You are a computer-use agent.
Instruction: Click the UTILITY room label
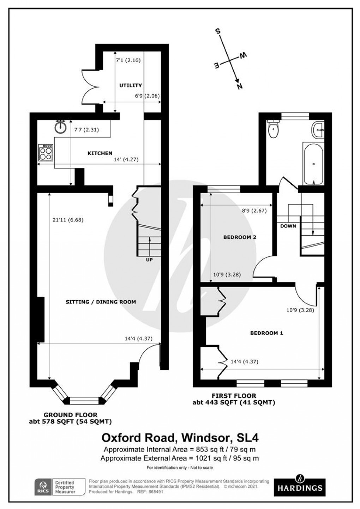point(130,85)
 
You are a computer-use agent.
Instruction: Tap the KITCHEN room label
point(100,153)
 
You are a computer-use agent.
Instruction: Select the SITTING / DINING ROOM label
point(101,302)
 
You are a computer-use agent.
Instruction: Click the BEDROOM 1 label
point(266,333)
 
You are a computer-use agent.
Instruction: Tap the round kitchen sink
point(61,127)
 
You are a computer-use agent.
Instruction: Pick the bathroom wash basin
point(319,130)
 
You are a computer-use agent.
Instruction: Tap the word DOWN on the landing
point(288,226)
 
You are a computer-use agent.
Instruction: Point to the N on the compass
point(239,86)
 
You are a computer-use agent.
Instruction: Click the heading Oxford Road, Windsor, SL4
point(180,438)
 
